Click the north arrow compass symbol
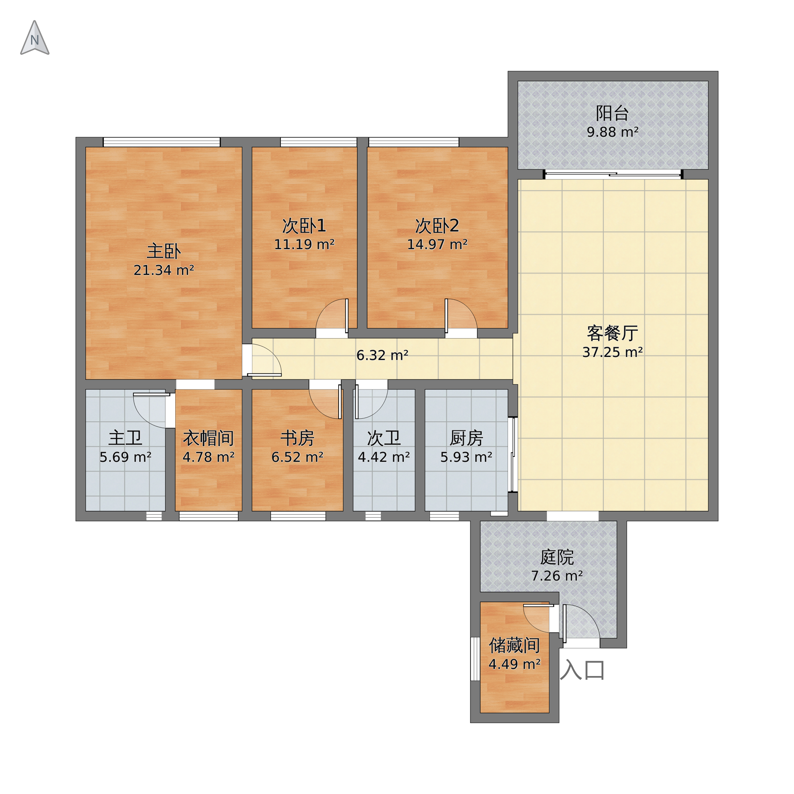click(x=35, y=38)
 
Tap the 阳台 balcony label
click(x=612, y=113)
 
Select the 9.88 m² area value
click(x=612, y=132)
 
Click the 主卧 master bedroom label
click(x=164, y=251)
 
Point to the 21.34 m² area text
click(x=164, y=270)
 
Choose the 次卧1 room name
click(x=304, y=225)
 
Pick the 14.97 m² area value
click(x=437, y=245)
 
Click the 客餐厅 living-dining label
click(x=612, y=333)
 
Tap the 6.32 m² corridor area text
click(x=382, y=355)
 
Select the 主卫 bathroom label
click(x=125, y=438)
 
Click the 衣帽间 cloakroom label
click(x=208, y=438)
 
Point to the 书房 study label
click(x=297, y=438)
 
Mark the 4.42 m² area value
click(x=384, y=457)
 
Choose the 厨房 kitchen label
click(x=466, y=438)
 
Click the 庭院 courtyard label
click(x=557, y=557)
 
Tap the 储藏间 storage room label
click(x=515, y=645)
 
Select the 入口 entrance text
click(x=582, y=670)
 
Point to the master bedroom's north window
click(x=161, y=142)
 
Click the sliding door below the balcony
click(x=613, y=174)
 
